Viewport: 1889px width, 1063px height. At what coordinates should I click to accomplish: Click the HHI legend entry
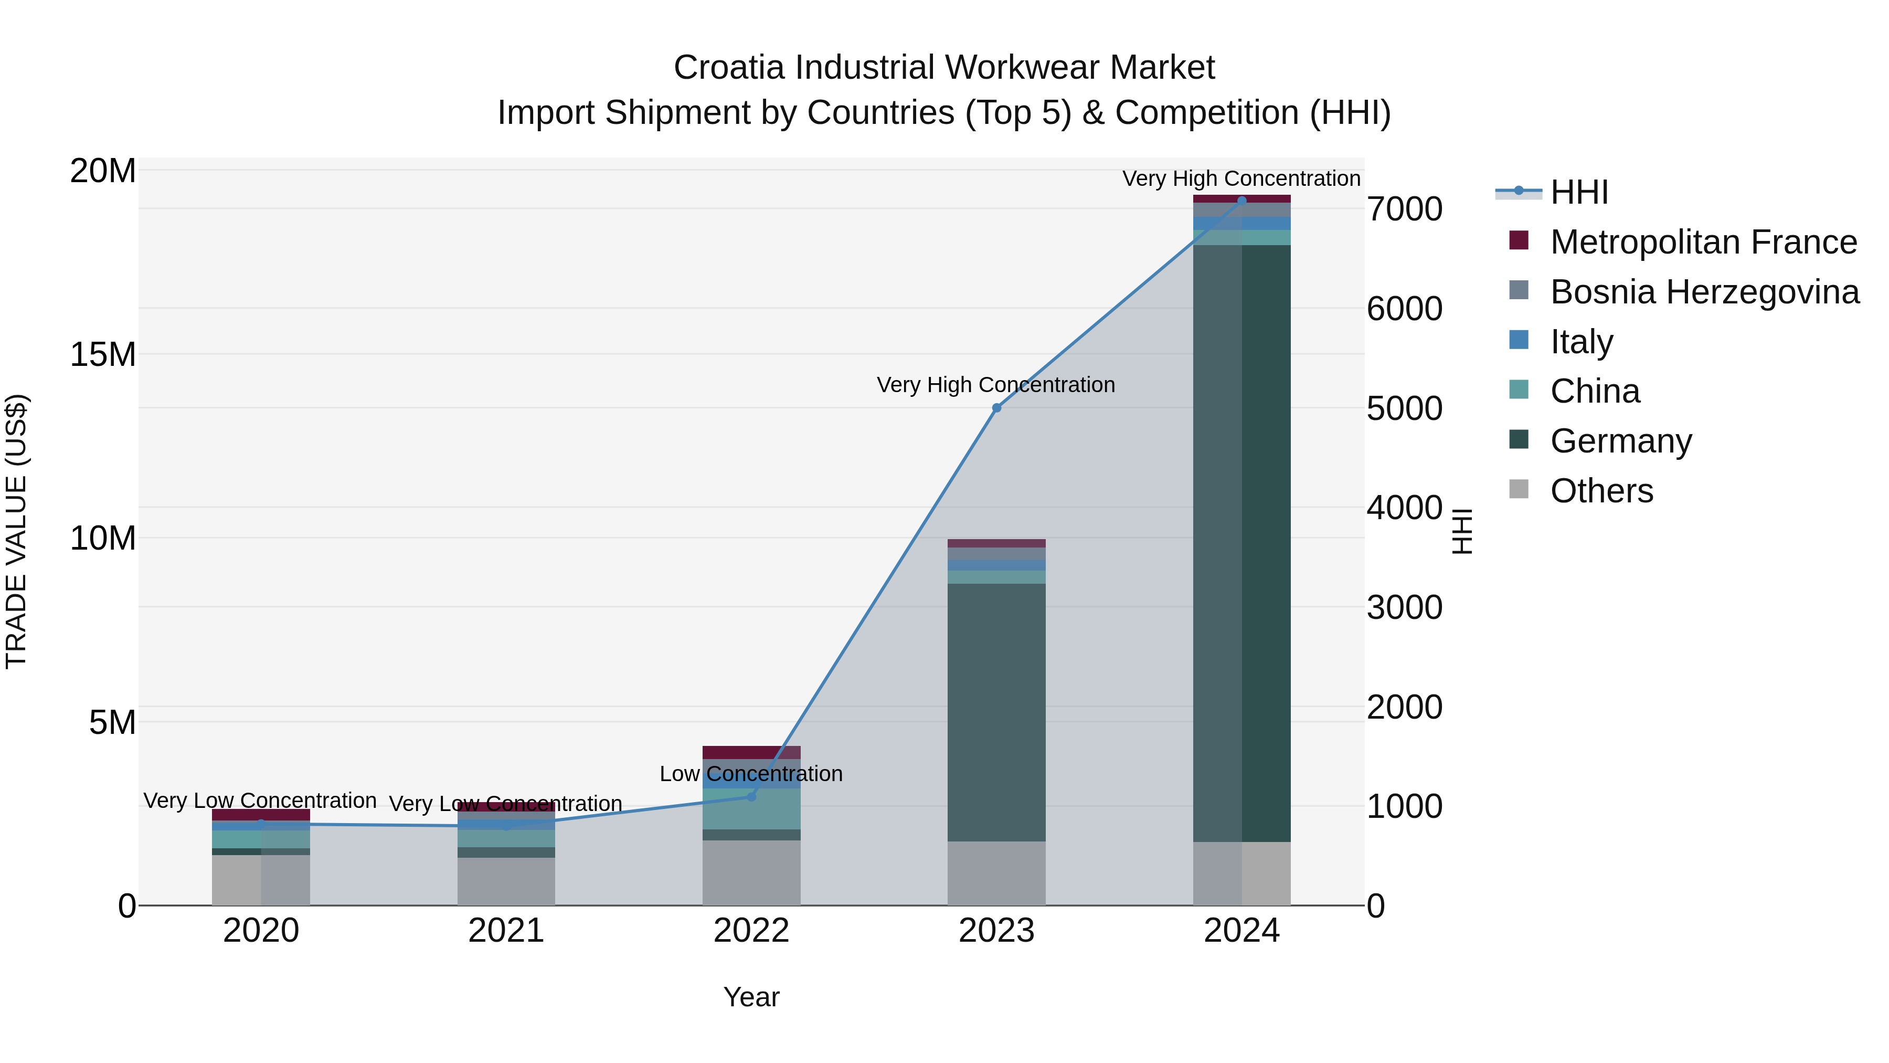click(x=1579, y=192)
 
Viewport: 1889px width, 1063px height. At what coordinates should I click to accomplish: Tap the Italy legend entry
click(x=1581, y=342)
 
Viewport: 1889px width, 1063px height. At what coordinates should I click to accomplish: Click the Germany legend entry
click(x=1621, y=441)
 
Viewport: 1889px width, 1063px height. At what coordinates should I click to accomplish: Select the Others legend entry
click(x=1601, y=491)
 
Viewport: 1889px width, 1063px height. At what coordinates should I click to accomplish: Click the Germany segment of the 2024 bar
click(x=1241, y=543)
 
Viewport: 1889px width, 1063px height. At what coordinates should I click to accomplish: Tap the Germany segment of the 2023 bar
click(x=996, y=712)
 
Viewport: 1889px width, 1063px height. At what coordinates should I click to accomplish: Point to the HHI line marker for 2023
click(x=996, y=408)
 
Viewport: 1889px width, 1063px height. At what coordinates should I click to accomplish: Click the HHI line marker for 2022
click(x=751, y=796)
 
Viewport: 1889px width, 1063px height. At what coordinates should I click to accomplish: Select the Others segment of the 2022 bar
click(x=751, y=873)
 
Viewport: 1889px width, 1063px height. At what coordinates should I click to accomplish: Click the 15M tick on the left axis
click(x=103, y=355)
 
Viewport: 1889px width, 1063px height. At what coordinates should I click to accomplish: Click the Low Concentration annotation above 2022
click(x=751, y=774)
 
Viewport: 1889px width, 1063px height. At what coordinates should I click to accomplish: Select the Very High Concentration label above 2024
click(x=1241, y=178)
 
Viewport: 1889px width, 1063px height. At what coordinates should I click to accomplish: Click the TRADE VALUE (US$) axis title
click(x=16, y=531)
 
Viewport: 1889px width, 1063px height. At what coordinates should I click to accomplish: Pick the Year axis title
click(x=751, y=997)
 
